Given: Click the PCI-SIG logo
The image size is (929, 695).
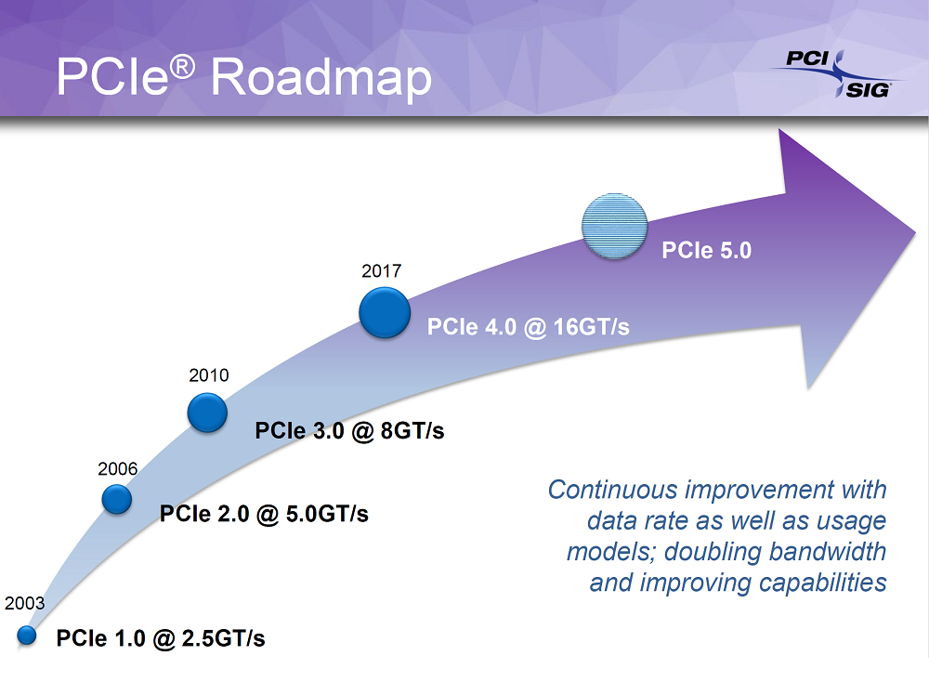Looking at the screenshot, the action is coord(837,74).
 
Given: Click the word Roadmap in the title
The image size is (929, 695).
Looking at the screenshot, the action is coord(321,78).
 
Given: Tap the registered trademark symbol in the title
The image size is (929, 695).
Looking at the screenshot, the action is coord(182,67).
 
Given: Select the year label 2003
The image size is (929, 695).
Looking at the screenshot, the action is coord(24,603).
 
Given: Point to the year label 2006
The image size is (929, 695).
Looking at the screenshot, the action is coord(117,468).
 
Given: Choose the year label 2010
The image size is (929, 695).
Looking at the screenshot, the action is coord(208,375).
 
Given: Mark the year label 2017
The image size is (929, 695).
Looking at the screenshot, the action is coord(382,270).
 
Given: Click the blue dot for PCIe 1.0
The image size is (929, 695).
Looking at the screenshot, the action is coord(27,636).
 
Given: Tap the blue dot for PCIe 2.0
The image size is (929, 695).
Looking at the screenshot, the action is coord(117,499).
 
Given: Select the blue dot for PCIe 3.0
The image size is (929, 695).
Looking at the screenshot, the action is coord(207,413).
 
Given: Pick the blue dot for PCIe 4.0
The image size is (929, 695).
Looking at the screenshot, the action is coord(385,312).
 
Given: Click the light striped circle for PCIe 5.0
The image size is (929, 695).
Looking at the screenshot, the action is coord(614,226).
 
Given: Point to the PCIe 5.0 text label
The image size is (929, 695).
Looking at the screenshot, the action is coord(706,250).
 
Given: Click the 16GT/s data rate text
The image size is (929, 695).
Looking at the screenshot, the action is coord(591,327).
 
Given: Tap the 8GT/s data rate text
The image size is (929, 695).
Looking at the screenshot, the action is coord(412,431).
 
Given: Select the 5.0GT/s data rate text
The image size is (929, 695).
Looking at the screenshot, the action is coord(327,514).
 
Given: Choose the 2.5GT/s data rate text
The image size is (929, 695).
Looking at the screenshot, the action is coord(223,638).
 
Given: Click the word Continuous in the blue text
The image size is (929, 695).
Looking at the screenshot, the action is coord(612,490).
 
